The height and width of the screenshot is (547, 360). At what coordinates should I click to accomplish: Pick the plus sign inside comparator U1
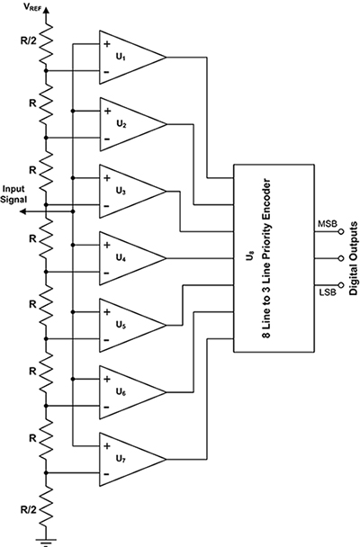108,44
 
